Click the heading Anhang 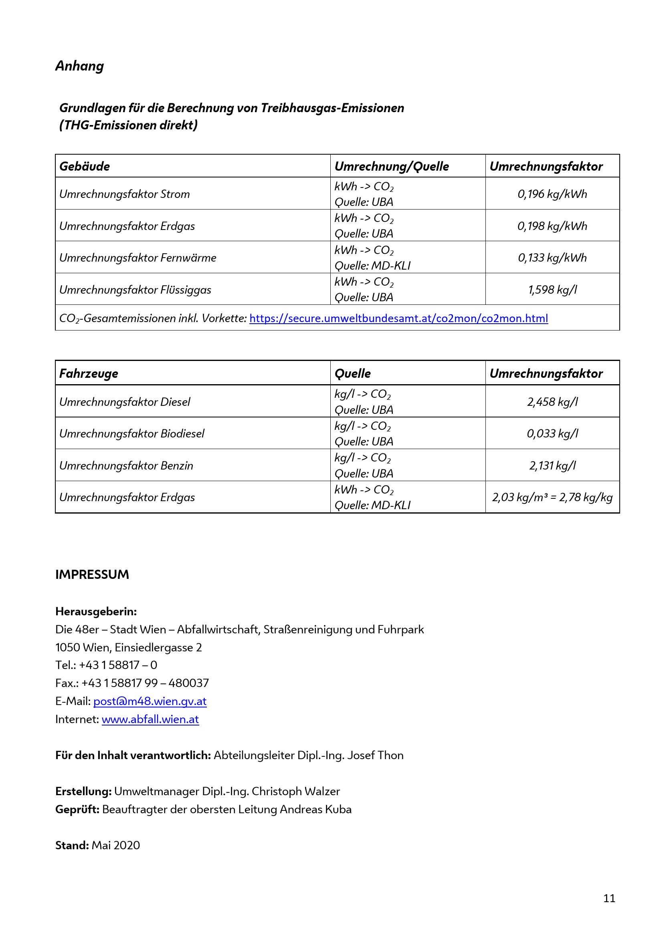point(80,66)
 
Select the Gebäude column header point(85,166)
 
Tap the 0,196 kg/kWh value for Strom point(552,194)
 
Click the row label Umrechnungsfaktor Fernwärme point(137,258)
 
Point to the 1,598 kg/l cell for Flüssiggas point(552,289)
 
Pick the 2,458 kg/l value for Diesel point(552,401)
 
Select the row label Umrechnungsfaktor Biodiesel point(131,433)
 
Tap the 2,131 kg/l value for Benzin point(552,465)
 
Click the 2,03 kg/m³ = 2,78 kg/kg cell point(552,497)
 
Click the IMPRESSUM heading point(92,574)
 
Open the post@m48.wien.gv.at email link point(150,701)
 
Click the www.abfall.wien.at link point(150,719)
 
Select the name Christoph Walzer point(295,791)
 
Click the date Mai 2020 point(115,845)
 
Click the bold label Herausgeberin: point(96,611)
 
